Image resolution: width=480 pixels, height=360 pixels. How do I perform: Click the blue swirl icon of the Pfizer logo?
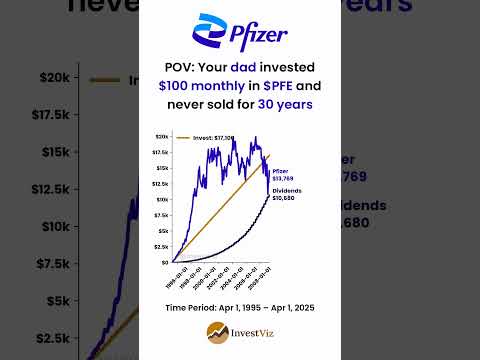tap(208, 31)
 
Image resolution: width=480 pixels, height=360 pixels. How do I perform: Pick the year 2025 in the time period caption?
tap(304, 307)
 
